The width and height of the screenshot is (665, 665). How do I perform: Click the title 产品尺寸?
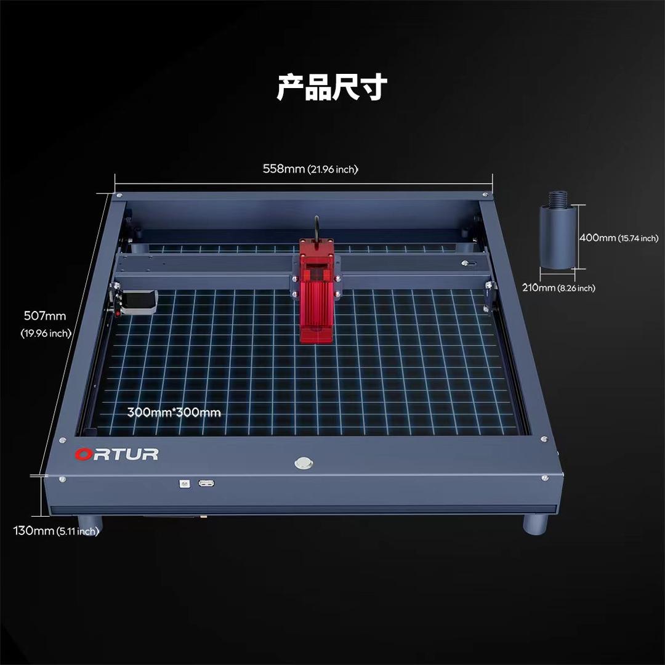click(x=332, y=87)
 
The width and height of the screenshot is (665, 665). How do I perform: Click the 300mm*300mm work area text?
click(x=174, y=412)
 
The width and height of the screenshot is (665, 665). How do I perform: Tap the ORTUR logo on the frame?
click(x=116, y=454)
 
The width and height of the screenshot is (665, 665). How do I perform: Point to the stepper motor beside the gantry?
click(x=139, y=302)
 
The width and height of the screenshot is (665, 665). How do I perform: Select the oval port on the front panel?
click(x=206, y=483)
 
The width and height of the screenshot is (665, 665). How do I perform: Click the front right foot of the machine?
click(x=536, y=524)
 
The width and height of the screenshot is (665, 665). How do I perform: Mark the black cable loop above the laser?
click(x=316, y=228)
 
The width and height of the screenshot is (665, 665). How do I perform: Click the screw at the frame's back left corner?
click(x=119, y=196)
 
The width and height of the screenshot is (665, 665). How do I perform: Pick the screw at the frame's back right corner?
click(x=485, y=195)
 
